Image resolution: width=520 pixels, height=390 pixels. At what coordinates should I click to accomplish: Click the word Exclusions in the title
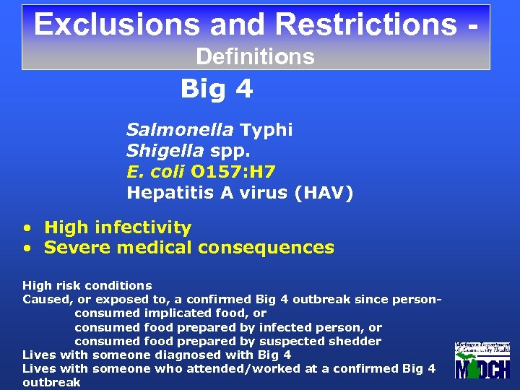116,24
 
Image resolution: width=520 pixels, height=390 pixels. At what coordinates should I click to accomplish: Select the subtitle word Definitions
255,56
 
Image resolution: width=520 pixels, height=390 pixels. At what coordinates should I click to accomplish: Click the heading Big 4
216,89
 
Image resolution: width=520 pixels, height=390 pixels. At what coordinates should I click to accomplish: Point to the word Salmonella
179,130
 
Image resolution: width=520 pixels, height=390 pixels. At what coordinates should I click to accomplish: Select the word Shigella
165,151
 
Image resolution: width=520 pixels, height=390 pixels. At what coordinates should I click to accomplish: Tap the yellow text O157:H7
233,172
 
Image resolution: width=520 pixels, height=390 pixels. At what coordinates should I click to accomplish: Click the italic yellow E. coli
155,172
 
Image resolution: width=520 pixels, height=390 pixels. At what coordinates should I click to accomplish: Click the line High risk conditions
87,285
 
